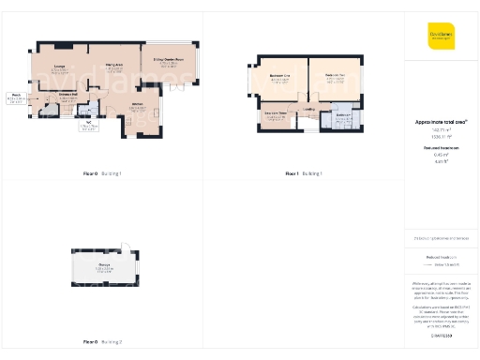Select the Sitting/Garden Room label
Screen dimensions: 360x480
(169, 61)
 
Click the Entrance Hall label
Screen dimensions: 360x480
(67, 94)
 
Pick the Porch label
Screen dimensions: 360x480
(16, 95)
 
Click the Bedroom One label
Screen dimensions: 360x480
(279, 75)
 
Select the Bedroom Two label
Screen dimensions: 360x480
(335, 75)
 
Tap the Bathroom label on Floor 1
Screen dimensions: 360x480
(343, 115)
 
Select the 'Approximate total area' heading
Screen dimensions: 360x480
(441, 122)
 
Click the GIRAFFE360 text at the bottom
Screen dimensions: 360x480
(441, 335)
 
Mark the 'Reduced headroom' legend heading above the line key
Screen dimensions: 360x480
(441, 256)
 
